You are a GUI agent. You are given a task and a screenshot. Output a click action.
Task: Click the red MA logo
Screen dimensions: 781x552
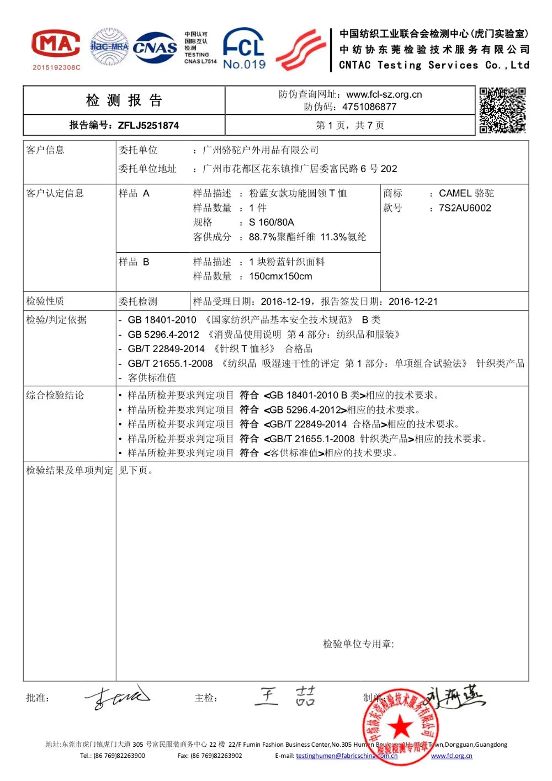coord(56,44)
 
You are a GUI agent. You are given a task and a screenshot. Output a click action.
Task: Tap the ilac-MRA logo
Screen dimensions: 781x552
coord(109,46)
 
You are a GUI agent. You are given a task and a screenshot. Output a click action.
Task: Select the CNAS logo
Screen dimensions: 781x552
coord(155,47)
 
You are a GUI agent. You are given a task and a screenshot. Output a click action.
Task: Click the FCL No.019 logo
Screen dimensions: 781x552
coord(244,49)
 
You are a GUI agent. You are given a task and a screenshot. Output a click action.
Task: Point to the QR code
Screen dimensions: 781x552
coord(502,110)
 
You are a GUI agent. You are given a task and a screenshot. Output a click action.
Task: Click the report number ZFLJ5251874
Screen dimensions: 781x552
coord(148,125)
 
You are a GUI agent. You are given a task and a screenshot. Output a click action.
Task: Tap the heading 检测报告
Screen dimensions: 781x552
coord(124,100)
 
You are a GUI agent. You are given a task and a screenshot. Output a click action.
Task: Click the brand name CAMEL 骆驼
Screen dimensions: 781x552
coord(466,193)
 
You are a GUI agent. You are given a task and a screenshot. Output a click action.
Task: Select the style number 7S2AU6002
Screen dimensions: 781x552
coord(465,208)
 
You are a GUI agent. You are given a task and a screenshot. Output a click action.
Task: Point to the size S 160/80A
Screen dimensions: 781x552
coord(272,222)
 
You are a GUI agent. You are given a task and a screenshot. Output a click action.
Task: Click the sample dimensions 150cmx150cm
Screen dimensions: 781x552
coord(280,276)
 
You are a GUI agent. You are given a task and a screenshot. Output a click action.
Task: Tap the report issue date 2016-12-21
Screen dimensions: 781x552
coord(413,301)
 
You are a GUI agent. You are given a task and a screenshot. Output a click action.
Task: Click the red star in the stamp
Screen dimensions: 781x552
coord(401,726)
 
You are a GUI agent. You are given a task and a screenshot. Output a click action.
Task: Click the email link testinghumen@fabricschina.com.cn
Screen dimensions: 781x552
coord(347,756)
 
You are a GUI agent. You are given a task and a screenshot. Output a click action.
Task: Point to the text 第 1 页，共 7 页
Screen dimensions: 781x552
coord(350,125)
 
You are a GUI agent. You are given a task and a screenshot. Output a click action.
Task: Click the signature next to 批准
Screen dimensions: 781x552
coord(117,697)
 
